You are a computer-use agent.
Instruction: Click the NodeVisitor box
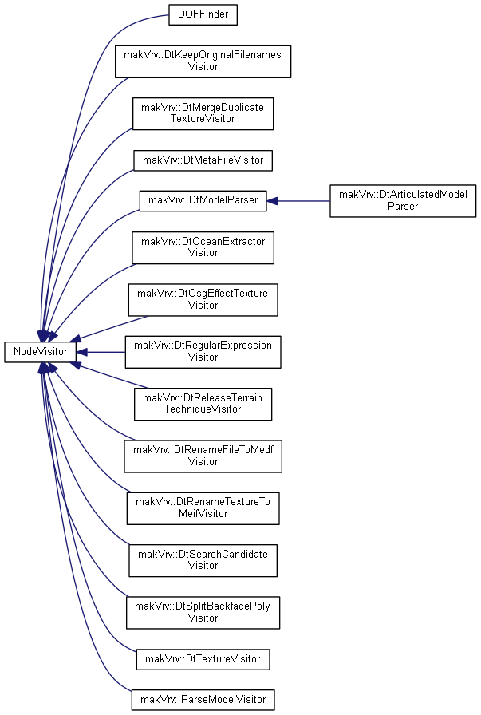click(40, 352)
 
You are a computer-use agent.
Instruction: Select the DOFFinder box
click(203, 14)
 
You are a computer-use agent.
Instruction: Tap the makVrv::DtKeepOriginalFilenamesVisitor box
click(203, 61)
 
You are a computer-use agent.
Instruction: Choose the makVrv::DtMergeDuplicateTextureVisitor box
click(203, 113)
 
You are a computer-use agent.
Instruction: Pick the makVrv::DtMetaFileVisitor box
click(203, 160)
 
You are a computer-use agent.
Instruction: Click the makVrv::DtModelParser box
click(203, 200)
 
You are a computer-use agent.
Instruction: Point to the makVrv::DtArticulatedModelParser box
click(403, 200)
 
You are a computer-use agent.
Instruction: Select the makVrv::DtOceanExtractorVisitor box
click(203, 247)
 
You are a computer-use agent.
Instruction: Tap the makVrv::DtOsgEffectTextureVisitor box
click(203, 299)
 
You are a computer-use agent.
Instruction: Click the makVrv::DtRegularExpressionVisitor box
click(203, 352)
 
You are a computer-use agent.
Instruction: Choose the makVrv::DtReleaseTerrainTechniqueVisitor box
click(203, 404)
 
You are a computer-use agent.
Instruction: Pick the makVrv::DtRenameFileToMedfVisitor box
click(203, 456)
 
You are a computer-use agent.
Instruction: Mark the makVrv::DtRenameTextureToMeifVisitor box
click(203, 508)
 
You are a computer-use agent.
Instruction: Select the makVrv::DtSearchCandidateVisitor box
click(203, 560)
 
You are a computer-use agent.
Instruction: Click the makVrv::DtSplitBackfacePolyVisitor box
click(203, 613)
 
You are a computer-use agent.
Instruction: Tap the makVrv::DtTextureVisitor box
click(203, 659)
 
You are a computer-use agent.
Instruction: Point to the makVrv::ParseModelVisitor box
click(203, 700)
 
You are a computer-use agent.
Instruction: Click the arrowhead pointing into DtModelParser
click(272, 200)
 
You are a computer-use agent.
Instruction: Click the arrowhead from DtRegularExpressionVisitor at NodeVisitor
click(81, 352)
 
